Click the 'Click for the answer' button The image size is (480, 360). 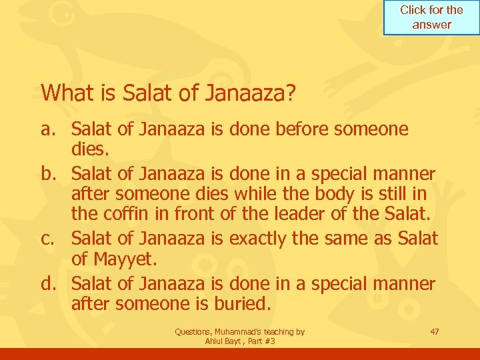coord(431,17)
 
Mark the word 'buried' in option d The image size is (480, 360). coord(239,304)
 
